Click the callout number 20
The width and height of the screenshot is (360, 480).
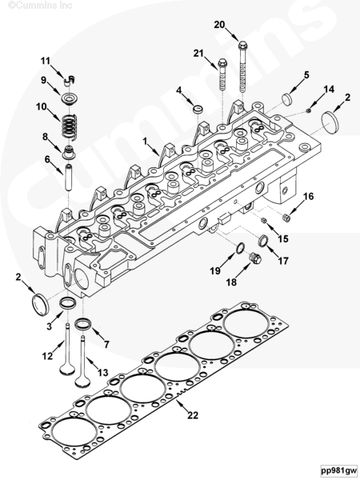tap(219, 25)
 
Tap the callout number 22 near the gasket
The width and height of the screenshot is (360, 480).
tap(193, 415)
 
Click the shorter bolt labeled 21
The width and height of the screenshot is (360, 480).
tap(222, 75)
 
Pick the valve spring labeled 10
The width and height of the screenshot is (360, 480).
tap(69, 126)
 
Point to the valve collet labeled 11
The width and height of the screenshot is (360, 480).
tap(70, 79)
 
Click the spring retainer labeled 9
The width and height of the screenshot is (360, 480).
tap(68, 99)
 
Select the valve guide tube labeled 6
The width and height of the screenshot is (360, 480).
tap(69, 178)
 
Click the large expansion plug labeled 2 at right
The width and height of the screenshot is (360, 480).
tap(331, 120)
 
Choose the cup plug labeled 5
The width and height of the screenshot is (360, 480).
tap(287, 99)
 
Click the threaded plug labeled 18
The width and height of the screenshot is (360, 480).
tap(255, 258)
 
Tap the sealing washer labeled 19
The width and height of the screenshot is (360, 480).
tap(241, 248)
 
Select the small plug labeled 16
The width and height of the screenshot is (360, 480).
tap(286, 218)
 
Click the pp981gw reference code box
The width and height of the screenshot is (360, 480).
tap(339, 470)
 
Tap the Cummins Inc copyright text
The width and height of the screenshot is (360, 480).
tap(41, 6)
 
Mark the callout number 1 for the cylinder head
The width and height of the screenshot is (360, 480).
tap(145, 141)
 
